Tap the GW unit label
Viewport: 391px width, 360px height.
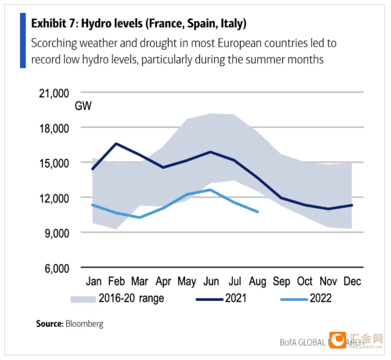tap(83, 106)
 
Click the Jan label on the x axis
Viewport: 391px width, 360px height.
tap(93, 281)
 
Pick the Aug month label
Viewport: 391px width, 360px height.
tap(257, 281)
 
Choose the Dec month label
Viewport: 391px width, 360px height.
tap(352, 281)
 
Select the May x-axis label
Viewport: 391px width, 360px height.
tap(187, 281)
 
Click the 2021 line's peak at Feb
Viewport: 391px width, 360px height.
tap(116, 143)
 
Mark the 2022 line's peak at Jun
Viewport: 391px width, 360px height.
tap(210, 190)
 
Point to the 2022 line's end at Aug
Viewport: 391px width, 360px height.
tap(257, 211)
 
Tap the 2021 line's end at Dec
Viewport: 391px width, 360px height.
tap(352, 205)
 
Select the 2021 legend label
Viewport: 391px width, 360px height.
tap(236, 298)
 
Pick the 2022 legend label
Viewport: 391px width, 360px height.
tap(320, 298)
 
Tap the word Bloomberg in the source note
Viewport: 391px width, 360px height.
tap(84, 324)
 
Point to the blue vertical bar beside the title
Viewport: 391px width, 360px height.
tap(23, 41)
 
